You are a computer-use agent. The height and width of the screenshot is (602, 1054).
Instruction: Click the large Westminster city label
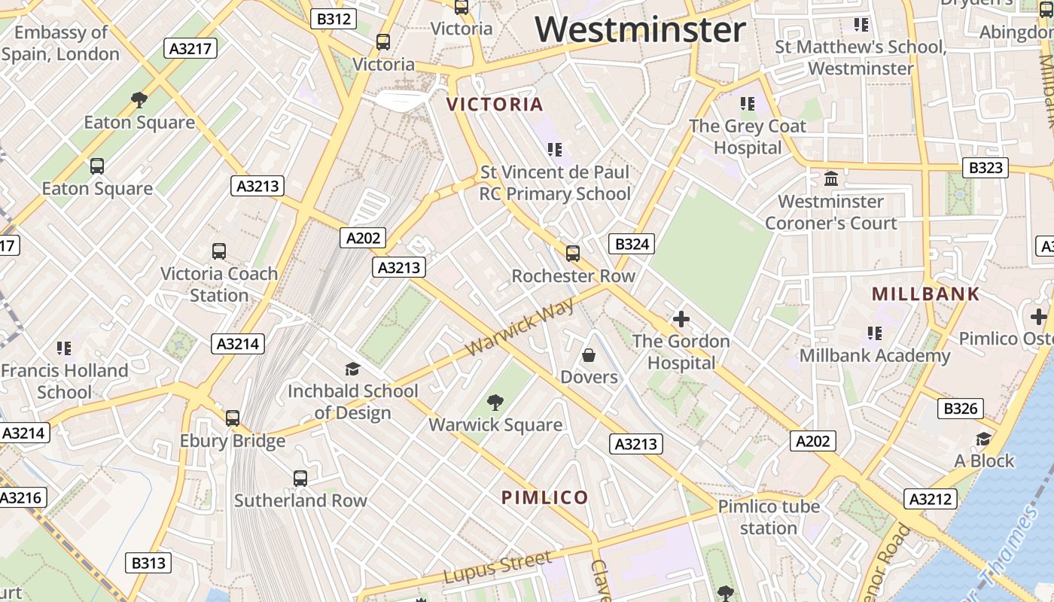(x=640, y=30)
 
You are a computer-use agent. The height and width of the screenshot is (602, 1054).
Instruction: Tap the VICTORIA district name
(x=495, y=105)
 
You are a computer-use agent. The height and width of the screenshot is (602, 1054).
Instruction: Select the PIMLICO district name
(x=544, y=497)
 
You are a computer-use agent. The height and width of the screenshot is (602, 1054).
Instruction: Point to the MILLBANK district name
(x=926, y=294)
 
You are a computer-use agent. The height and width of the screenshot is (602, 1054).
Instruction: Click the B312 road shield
(x=333, y=19)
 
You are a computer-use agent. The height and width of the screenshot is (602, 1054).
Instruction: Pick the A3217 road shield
(x=190, y=48)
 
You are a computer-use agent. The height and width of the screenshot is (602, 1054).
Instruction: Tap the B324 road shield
(x=631, y=244)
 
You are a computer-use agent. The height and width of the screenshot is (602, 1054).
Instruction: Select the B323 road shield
(x=985, y=167)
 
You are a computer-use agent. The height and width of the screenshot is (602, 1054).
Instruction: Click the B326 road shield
(x=961, y=409)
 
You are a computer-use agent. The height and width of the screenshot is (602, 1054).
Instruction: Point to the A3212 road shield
(x=931, y=499)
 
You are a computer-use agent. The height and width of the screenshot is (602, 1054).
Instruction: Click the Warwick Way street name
(x=519, y=327)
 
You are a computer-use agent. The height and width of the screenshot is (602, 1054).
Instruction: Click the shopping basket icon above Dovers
(x=589, y=354)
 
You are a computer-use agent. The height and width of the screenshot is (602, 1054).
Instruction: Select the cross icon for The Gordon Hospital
(x=681, y=319)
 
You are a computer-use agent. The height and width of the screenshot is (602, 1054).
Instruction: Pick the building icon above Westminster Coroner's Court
(x=831, y=179)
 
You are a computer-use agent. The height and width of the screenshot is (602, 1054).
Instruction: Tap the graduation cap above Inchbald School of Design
(x=352, y=369)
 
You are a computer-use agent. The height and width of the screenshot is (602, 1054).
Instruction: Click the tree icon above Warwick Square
(x=495, y=403)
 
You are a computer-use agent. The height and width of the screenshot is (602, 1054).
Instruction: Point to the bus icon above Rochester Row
(x=573, y=254)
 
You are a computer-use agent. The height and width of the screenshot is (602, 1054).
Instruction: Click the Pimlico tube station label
(x=768, y=517)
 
